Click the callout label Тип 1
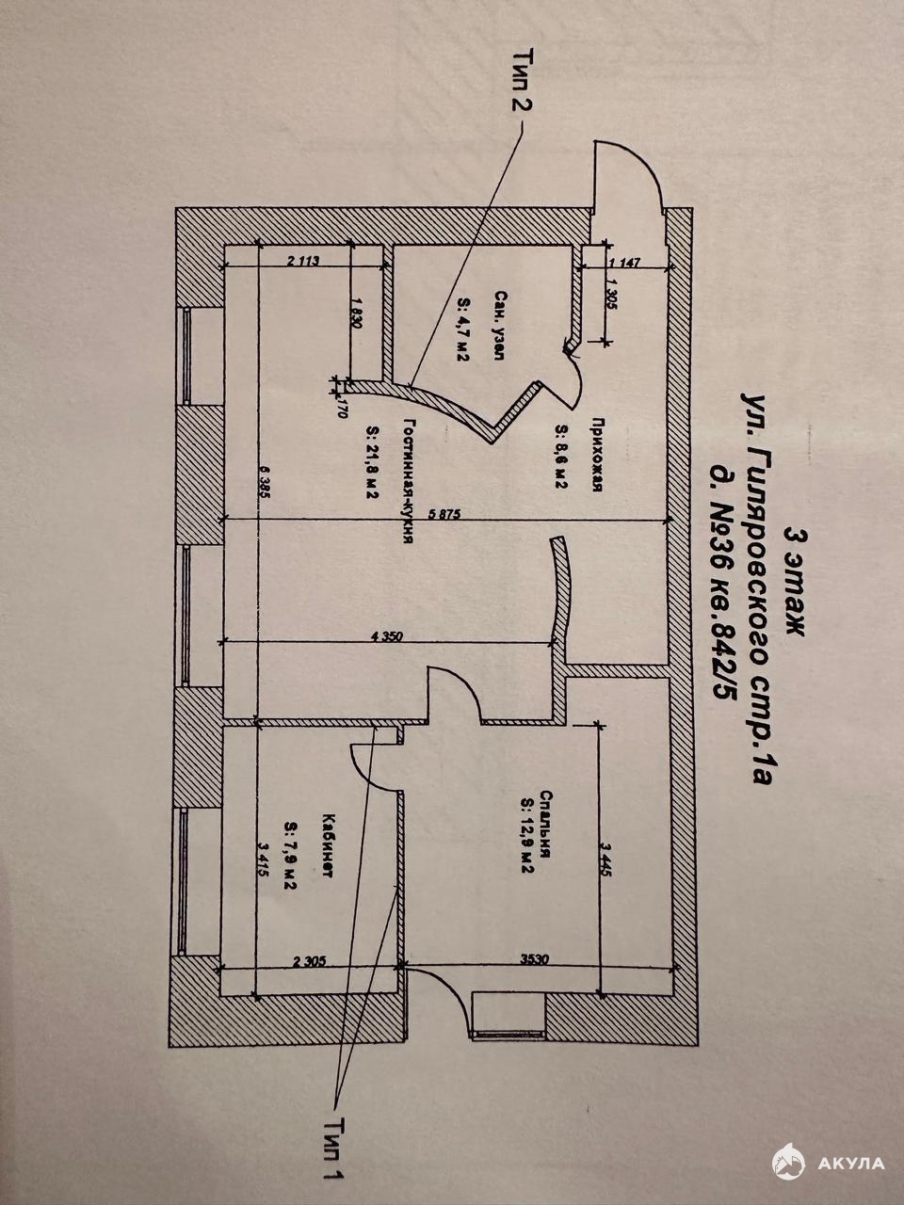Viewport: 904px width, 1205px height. [331, 1147]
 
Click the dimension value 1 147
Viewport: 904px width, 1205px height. [624, 263]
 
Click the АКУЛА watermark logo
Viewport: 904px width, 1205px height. [829, 1162]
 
